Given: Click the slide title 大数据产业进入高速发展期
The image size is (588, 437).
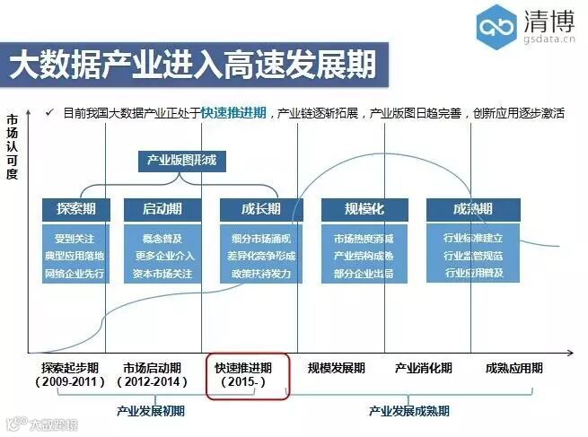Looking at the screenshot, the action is (192, 66).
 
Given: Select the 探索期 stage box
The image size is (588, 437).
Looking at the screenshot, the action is (76, 209).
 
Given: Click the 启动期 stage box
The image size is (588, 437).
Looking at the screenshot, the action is (162, 209).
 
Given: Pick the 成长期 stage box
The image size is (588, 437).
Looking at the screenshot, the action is (260, 209).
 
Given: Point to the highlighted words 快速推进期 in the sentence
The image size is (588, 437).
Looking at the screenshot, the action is (233, 112).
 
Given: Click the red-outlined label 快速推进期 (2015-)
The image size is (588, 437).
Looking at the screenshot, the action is (248, 375).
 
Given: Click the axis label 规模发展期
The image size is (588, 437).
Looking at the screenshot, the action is (337, 368).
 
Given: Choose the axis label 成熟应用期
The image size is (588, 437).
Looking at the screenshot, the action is (513, 368).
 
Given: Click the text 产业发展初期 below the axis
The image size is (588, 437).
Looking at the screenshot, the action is (150, 411).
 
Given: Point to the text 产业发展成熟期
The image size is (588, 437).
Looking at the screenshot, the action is (409, 411).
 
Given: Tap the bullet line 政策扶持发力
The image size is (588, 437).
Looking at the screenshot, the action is (260, 274).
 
